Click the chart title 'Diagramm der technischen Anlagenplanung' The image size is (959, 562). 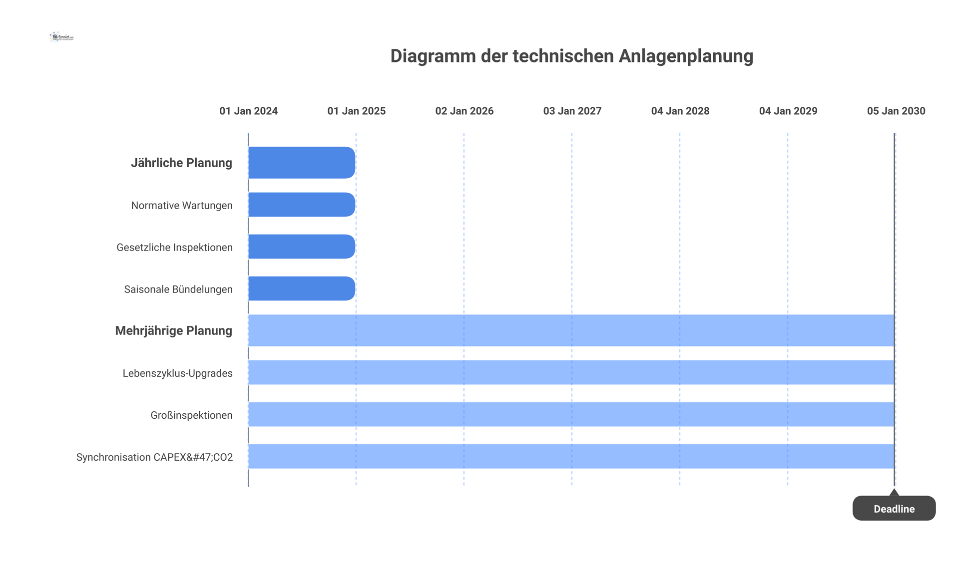click(571, 56)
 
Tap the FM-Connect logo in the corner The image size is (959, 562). click(61, 37)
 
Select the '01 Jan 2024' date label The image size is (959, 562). click(248, 111)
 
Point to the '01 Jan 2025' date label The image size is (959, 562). click(356, 111)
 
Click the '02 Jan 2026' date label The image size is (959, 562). click(464, 111)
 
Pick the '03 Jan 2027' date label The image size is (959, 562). click(572, 111)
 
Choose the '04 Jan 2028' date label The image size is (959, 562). click(680, 111)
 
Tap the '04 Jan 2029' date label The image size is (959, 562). click(788, 111)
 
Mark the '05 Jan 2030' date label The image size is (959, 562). click(896, 111)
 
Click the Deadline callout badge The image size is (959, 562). click(894, 508)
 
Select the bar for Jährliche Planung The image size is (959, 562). click(302, 163)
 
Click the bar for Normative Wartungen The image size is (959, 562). click(302, 205)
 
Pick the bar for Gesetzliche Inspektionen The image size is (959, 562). click(302, 247)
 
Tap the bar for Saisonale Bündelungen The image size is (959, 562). click(302, 288)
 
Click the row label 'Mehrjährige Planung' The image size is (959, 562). click(173, 331)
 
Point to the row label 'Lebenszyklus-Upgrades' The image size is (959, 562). click(177, 373)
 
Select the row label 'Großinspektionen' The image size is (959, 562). click(191, 415)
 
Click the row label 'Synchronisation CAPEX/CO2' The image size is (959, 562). click(154, 457)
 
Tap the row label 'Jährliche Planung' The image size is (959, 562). click(181, 163)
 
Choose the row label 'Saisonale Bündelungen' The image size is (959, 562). click(178, 289)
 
